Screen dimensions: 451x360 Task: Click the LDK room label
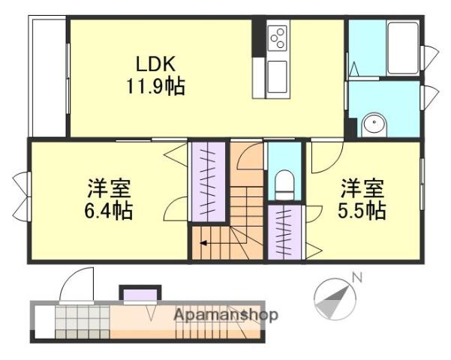click(155, 64)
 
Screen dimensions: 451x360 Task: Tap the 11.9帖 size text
click(155, 86)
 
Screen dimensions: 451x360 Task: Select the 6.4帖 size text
click(109, 211)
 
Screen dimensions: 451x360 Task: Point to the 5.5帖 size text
click(362, 211)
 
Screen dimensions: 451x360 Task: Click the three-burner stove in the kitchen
click(278, 38)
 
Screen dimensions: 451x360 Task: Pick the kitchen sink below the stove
click(277, 77)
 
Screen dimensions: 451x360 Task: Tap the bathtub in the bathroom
click(403, 48)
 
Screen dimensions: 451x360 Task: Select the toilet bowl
click(284, 184)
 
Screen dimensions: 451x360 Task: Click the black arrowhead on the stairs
click(203, 243)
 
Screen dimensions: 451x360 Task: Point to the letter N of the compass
click(357, 277)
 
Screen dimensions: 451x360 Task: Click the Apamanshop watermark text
click(226, 315)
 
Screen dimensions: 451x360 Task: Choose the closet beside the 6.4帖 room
click(209, 181)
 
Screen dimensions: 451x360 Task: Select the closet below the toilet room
click(284, 232)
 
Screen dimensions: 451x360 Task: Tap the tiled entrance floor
click(83, 322)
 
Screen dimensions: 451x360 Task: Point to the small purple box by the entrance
click(140, 295)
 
